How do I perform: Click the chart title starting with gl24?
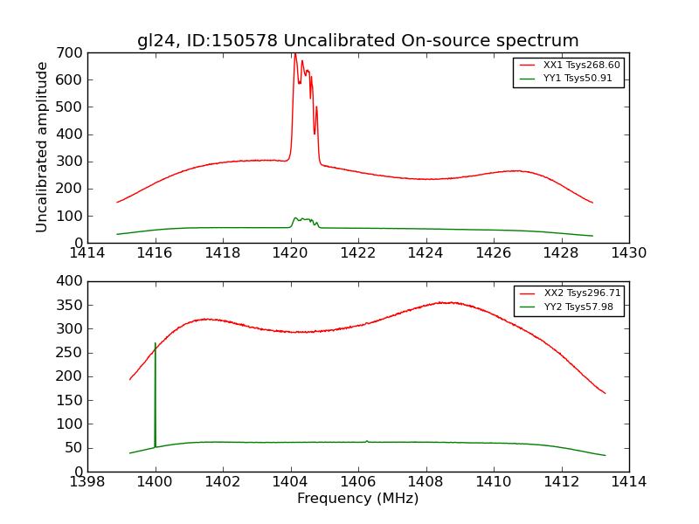pos(357,40)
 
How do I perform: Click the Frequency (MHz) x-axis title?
pos(357,499)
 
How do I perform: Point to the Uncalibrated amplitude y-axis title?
pos(42,147)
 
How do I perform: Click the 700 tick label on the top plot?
pos(72,53)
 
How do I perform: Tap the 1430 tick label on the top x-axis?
pos(628,253)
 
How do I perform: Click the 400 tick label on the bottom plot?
pos(72,281)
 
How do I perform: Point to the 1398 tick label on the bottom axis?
pos(88,482)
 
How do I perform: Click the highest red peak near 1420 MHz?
pos(294,55)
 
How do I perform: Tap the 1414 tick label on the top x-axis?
pos(88,253)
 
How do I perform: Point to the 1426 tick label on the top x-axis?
pos(494,253)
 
